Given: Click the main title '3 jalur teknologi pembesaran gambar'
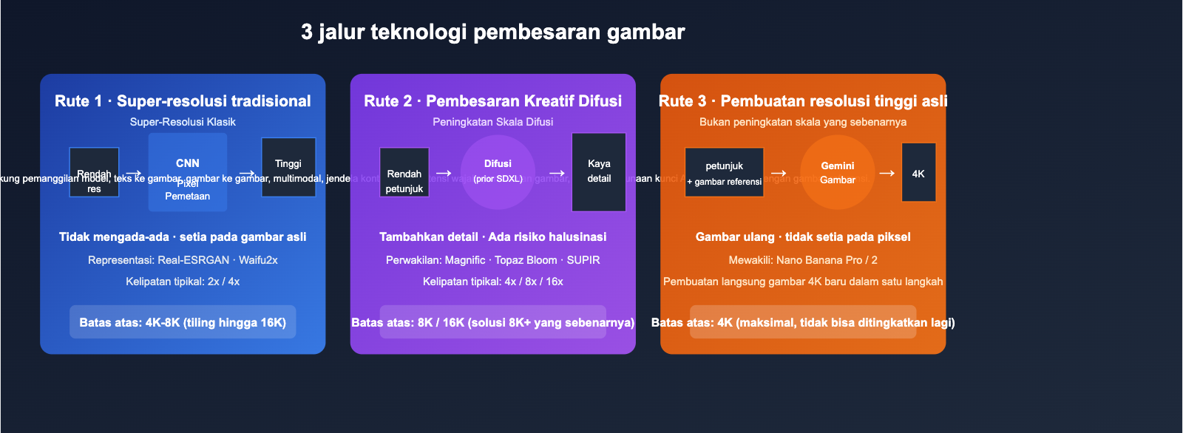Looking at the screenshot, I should pyautogui.click(x=492, y=32).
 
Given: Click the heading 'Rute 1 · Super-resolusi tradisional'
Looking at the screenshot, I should pyautogui.click(x=183, y=101).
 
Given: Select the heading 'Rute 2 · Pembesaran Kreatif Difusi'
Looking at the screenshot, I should pyautogui.click(x=492, y=101).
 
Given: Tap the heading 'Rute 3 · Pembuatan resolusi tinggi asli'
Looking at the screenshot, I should pyautogui.click(x=803, y=101).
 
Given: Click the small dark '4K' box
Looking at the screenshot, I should pyautogui.click(x=918, y=172).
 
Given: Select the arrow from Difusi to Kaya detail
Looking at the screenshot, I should pyautogui.click(x=557, y=174).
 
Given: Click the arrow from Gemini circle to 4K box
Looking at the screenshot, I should pyautogui.click(x=887, y=173).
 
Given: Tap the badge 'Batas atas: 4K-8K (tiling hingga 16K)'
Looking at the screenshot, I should pyautogui.click(x=183, y=322).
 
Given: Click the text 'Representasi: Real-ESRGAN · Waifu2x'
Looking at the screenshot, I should pyautogui.click(x=183, y=260).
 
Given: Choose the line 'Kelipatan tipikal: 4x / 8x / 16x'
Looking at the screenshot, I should pyautogui.click(x=492, y=282).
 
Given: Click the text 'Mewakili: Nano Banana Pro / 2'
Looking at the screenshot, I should pyautogui.click(x=803, y=260).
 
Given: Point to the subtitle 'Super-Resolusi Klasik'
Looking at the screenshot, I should pyautogui.click(x=183, y=122).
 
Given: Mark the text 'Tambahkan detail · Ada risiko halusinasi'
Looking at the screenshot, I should pyautogui.click(x=492, y=237).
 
